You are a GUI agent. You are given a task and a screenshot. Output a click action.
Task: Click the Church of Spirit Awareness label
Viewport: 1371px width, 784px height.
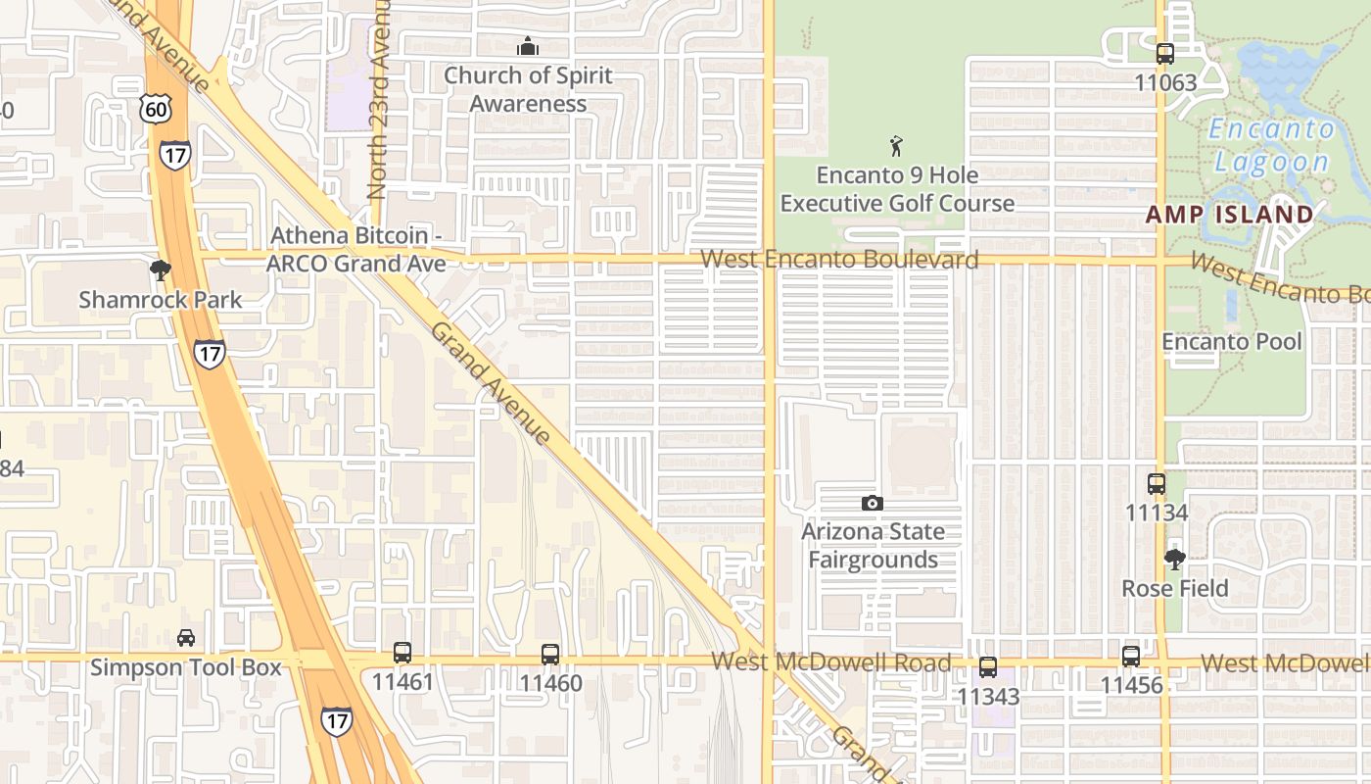click(528, 89)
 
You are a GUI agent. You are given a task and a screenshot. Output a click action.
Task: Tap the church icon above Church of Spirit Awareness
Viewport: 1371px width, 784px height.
click(528, 46)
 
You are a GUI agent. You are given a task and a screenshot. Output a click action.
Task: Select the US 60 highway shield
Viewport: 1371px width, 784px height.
click(155, 109)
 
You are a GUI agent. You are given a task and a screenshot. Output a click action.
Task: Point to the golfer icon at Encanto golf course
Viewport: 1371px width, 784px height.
click(896, 147)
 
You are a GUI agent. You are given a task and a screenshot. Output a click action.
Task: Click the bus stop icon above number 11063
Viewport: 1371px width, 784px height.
click(1164, 54)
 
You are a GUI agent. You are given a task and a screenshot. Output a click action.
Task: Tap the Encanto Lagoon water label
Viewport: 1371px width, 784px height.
click(1271, 145)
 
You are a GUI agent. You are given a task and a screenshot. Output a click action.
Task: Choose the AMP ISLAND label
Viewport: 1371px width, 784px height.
click(1229, 214)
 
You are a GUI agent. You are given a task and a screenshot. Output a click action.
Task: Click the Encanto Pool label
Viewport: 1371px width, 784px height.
click(1231, 341)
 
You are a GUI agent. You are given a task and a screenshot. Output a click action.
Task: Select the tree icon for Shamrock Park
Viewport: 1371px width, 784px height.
click(161, 270)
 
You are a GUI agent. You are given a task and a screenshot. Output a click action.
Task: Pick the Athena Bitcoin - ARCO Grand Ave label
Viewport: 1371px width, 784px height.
click(356, 249)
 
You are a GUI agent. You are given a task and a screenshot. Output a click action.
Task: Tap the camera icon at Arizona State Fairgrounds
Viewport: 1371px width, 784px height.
click(872, 504)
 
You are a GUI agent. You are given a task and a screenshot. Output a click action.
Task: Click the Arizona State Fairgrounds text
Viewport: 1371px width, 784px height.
click(874, 546)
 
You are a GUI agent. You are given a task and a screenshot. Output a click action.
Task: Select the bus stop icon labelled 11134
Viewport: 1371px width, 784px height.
click(1157, 483)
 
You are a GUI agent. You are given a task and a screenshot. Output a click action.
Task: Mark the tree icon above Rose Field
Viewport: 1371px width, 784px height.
click(1174, 560)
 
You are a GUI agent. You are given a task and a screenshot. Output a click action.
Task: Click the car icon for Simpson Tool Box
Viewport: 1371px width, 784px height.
click(186, 638)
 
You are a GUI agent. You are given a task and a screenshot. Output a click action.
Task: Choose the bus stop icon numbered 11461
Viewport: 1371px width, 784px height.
click(402, 652)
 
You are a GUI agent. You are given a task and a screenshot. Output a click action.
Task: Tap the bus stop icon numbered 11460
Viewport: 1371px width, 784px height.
click(550, 654)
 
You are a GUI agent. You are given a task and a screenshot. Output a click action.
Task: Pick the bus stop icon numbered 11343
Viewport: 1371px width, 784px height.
click(988, 667)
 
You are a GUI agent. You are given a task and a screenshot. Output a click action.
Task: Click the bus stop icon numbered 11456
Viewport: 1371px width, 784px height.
click(1131, 656)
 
